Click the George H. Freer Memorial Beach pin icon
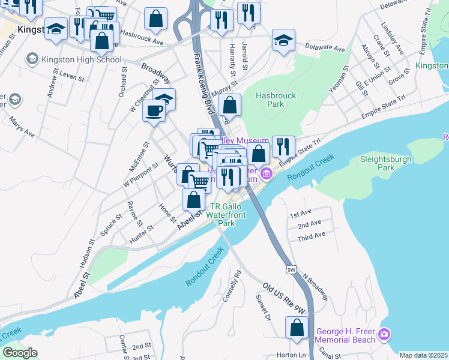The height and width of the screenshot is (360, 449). pos(385,333)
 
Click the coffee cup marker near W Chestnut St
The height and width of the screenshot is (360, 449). pos(154,110)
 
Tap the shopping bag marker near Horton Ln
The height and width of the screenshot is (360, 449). pos(297,328)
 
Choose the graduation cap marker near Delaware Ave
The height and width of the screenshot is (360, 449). pos(283,40)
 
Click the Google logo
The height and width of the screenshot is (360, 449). pos(20,353)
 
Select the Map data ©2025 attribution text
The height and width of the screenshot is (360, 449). pos(423,355)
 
